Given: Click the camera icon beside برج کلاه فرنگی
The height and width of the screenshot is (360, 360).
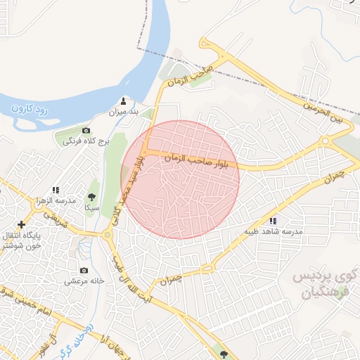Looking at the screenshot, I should click(x=86, y=131).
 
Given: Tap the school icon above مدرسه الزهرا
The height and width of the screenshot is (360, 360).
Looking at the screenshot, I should click(x=56, y=190).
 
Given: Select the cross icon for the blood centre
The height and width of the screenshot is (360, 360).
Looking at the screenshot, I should click(x=22, y=225).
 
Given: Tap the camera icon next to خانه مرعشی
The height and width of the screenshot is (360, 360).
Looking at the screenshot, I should click(x=84, y=271).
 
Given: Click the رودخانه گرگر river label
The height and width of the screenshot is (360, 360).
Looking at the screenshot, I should click(x=71, y=337).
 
